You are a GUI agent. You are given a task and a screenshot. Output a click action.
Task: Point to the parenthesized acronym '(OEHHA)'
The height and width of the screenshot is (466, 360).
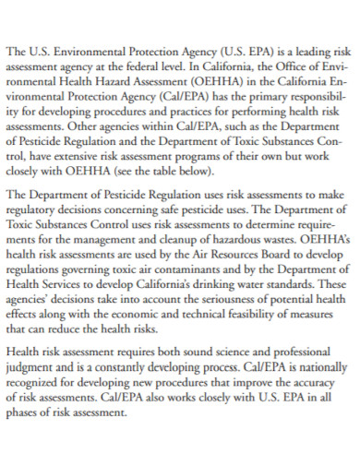214,83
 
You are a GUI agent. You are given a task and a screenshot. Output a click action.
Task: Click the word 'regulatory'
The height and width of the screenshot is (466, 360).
35,211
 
